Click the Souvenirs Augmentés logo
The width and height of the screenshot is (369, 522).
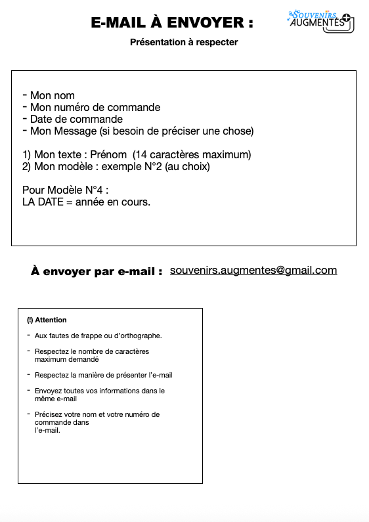pyautogui.click(x=320, y=21)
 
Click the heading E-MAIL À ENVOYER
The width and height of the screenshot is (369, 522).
pyautogui.click(x=172, y=23)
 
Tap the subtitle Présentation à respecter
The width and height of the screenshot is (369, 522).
pyautogui.click(x=184, y=42)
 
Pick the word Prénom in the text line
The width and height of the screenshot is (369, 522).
pyautogui.click(x=108, y=155)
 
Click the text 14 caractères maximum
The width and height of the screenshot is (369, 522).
pyautogui.click(x=192, y=155)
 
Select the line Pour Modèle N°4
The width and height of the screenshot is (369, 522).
pyautogui.click(x=65, y=190)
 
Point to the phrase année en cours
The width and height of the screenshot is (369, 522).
pyautogui.click(x=113, y=202)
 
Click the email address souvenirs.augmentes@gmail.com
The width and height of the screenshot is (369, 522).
pyautogui.click(x=253, y=271)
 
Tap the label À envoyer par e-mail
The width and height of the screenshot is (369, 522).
pyautogui.click(x=97, y=272)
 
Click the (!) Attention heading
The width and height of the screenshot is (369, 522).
pyautogui.click(x=47, y=320)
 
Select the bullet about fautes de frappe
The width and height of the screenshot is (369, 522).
pyautogui.click(x=98, y=336)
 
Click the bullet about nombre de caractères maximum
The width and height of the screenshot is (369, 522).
pyautogui.click(x=91, y=356)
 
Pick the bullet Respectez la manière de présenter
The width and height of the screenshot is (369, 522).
pyautogui.click(x=103, y=375)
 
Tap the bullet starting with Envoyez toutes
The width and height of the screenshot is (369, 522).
pyautogui.click(x=99, y=395)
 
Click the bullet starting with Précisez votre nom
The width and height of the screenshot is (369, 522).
pyautogui.click(x=97, y=422)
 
